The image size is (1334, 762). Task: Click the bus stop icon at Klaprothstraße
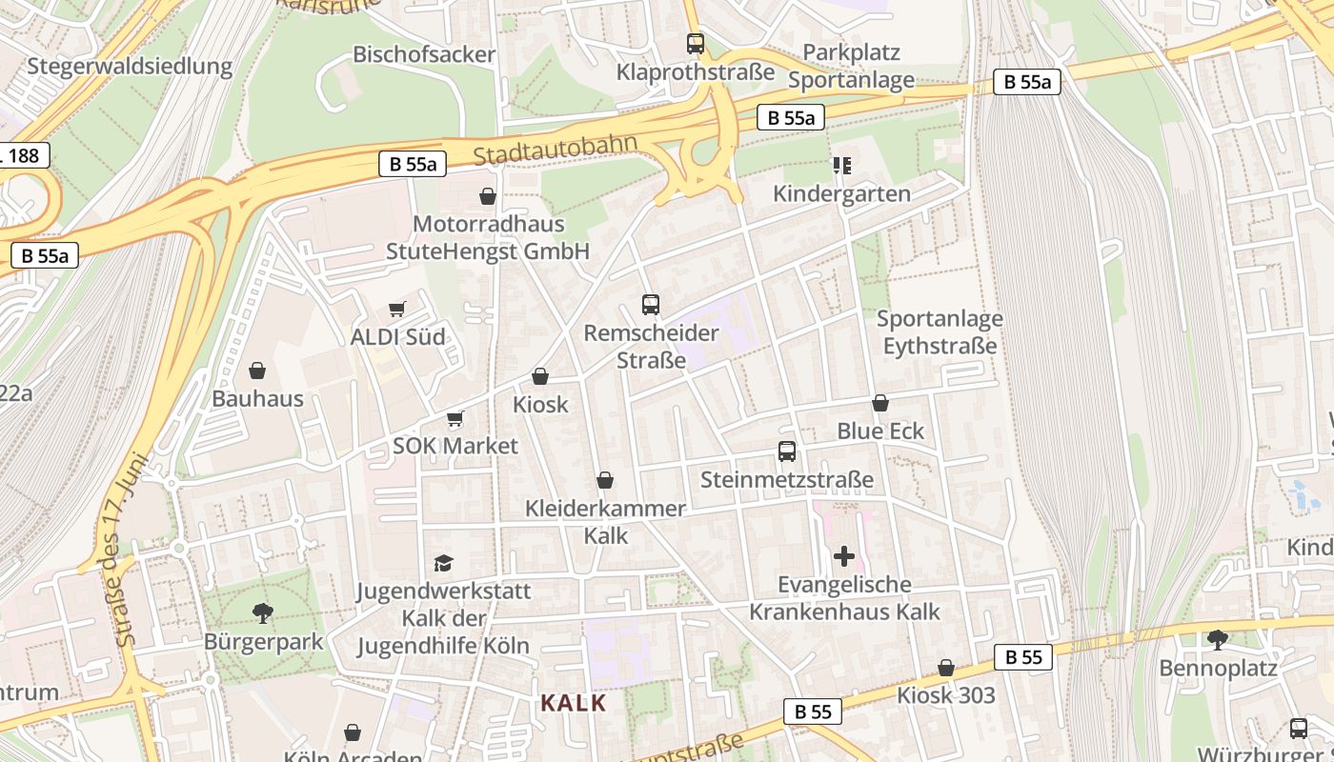(696, 43)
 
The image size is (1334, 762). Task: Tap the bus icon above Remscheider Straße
(651, 305)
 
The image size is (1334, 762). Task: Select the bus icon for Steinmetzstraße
(787, 451)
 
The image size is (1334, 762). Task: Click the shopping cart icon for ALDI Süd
(397, 309)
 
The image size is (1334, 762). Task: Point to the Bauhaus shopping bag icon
(257, 371)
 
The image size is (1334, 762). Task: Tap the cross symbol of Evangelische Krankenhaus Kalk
(844, 555)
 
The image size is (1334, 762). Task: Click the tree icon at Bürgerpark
(263, 612)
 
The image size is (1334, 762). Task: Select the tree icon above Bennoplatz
(1218, 639)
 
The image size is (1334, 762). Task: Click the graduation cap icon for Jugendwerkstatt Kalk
(443, 563)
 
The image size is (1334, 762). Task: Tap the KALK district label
(574, 703)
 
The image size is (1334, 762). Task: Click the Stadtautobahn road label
(554, 150)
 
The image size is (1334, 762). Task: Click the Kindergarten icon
(841, 166)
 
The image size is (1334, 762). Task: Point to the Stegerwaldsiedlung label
(130, 66)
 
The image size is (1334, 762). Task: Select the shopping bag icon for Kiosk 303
(946, 668)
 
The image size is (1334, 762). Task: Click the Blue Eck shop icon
(880, 403)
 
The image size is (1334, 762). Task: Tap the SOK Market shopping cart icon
(455, 418)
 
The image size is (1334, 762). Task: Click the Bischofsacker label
(424, 54)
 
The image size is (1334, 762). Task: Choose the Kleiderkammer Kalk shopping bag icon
(605, 480)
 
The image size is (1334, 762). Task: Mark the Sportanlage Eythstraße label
(940, 331)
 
